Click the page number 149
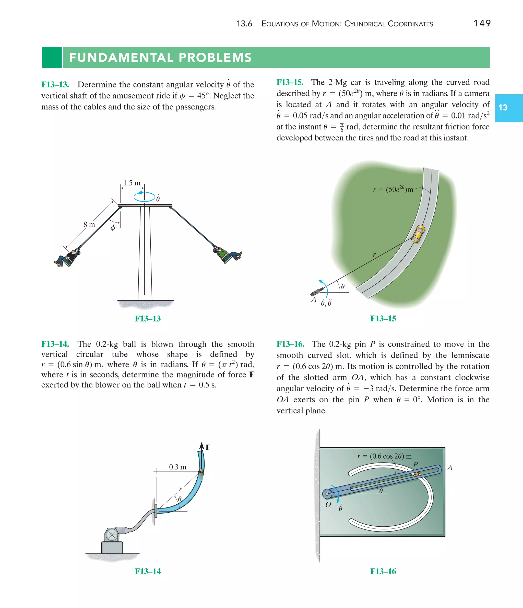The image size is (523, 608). [x=482, y=23]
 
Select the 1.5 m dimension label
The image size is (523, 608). [x=132, y=183]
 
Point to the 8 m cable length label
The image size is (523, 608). [x=89, y=225]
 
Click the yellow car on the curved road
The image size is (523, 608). [x=418, y=234]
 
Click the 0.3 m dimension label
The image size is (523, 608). [x=177, y=467]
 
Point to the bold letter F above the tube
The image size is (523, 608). [x=208, y=447]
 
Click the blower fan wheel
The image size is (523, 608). [x=111, y=535]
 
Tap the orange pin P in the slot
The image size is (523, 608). [x=416, y=474]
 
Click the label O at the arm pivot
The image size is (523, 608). [x=328, y=505]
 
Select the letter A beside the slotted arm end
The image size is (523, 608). [x=450, y=468]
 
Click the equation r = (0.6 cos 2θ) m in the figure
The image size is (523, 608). [x=384, y=456]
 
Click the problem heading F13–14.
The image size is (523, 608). [x=55, y=344]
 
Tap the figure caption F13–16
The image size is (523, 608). [x=383, y=571]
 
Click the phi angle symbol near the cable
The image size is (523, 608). [x=113, y=228]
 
